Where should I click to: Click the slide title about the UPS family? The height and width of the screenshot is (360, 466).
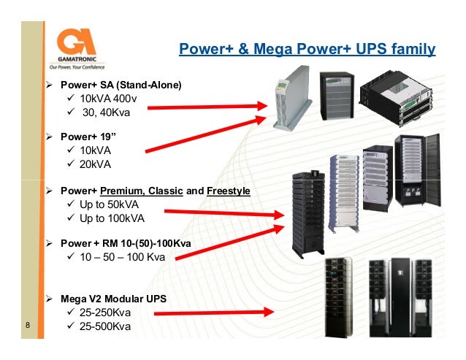tap(307, 50)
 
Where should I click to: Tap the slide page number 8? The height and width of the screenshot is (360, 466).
tap(27, 326)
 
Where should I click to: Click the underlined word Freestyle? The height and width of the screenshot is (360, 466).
tap(228, 191)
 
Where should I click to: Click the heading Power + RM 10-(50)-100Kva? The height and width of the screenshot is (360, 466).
tap(126, 243)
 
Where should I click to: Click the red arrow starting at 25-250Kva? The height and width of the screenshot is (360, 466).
tap(212, 314)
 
